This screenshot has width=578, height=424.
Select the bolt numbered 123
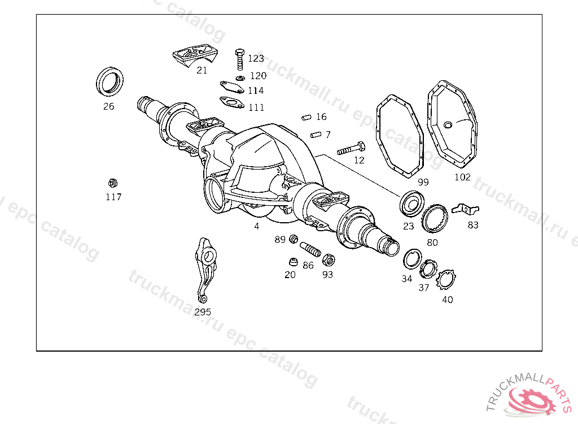pyautogui.click(x=239, y=59)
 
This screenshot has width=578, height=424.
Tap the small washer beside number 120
pyautogui.click(x=240, y=79)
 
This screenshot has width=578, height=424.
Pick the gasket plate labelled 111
pyautogui.click(x=231, y=102)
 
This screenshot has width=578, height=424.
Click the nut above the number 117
pyautogui.click(x=113, y=183)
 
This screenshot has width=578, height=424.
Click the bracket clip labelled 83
pyautogui.click(x=465, y=209)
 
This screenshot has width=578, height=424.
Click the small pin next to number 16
pyautogui.click(x=306, y=118)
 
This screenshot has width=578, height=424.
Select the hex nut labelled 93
pyautogui.click(x=328, y=260)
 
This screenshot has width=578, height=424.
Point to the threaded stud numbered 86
pyautogui.click(x=310, y=249)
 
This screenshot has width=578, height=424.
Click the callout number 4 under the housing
pyautogui.click(x=257, y=226)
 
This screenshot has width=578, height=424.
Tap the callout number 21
pyautogui.click(x=202, y=70)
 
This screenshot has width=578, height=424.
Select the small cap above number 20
pyautogui.click(x=293, y=262)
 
